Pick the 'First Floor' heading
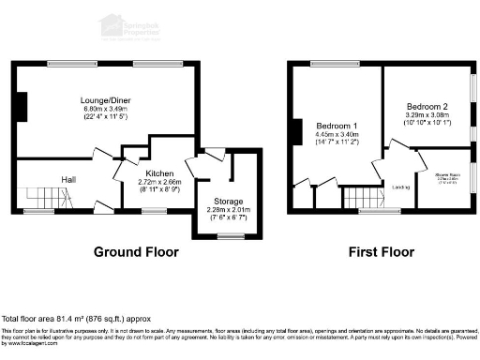(x=381, y=251)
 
